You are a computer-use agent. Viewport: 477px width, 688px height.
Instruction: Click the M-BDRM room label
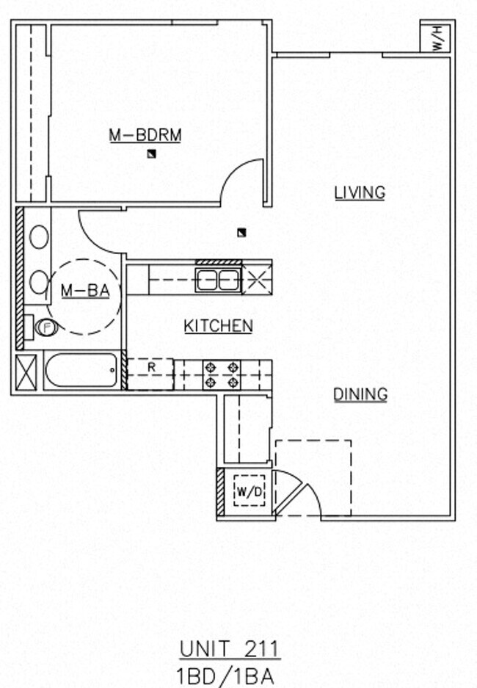click(x=145, y=135)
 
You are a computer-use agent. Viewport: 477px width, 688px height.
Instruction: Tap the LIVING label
click(x=360, y=193)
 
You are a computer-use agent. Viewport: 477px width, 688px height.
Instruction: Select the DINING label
click(x=360, y=395)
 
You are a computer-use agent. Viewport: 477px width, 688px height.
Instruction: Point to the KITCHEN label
click(x=218, y=326)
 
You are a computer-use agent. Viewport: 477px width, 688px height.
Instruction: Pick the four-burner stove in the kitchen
click(x=222, y=374)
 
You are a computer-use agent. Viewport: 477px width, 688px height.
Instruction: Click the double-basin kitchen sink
click(x=219, y=280)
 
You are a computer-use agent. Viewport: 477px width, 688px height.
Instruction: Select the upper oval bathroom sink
click(x=39, y=237)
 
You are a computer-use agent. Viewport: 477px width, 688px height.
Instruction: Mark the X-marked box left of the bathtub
click(x=26, y=372)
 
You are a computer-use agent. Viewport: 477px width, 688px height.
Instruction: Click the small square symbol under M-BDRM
click(x=151, y=153)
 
